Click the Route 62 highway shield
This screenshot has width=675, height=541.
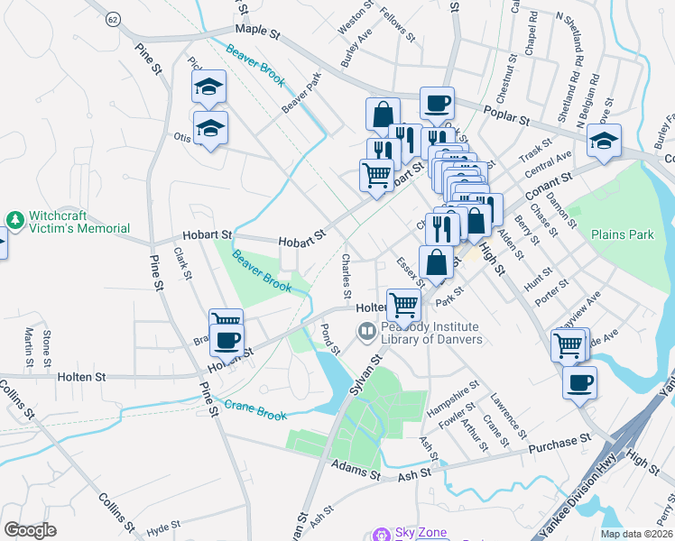pos(111,19)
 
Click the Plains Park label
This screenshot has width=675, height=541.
pos(622,234)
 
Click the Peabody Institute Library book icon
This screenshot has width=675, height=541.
pos(366,332)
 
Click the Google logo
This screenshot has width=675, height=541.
pos(30,529)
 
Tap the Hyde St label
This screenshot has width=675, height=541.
pos(163,525)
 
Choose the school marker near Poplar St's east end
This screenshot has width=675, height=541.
pos(604,141)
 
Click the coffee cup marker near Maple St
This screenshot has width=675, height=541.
pos(437,103)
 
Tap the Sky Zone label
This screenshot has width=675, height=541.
pos(420,533)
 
